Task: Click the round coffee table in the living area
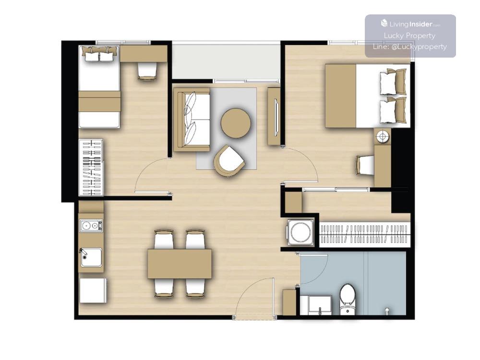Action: tap(236, 123)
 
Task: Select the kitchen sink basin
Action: tap(91, 257)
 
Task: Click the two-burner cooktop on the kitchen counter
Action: tap(91, 226)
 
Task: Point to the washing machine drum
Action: tap(300, 233)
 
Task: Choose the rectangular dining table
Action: tap(180, 264)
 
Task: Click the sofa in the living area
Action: tap(192, 120)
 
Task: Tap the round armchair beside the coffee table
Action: tap(229, 161)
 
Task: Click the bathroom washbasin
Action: tap(320, 305)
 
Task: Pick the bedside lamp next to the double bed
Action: tap(383, 136)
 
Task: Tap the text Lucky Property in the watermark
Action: tap(409, 36)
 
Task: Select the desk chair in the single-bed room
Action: tap(147, 71)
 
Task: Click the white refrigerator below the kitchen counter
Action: tap(93, 290)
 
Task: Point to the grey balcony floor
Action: tap(226, 62)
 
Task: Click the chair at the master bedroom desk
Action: tap(365, 165)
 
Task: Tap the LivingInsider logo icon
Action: tap(384, 23)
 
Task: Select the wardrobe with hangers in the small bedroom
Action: tap(91, 168)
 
